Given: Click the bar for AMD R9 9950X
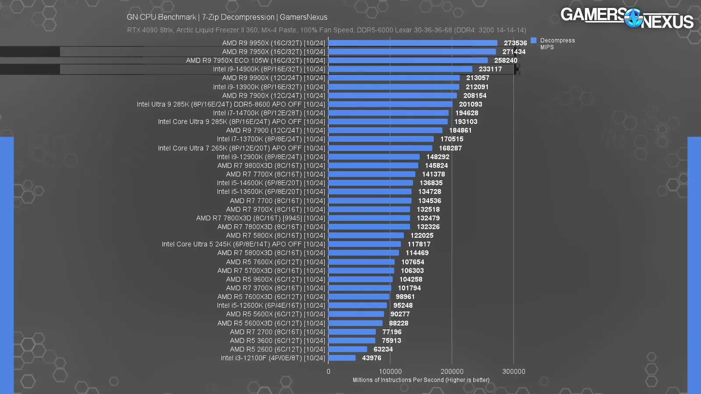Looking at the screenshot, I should point(413,43).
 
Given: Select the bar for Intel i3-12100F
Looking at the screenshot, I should point(342,358).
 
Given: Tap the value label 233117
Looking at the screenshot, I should point(490,69).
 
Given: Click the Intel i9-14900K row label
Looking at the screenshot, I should point(269,69).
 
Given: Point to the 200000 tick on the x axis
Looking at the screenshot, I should point(452,371).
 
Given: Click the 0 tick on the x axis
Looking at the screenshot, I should point(329,371).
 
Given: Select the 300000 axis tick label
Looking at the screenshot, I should point(513,371).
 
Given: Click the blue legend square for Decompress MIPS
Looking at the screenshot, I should point(534,40).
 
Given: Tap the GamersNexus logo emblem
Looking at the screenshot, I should point(633,18).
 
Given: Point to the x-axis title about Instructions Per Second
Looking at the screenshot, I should point(421,380).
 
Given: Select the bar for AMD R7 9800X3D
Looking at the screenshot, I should point(373,165).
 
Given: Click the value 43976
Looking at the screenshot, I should point(372,358).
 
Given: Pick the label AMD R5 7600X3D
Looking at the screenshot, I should point(271,297).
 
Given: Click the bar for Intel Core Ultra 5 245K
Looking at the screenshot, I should point(365,244).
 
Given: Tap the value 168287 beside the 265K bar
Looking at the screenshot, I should point(450,148).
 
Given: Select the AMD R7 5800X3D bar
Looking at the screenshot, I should point(364,253).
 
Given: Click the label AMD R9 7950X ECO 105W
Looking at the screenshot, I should point(255,60).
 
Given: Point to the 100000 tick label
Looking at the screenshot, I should point(390,371).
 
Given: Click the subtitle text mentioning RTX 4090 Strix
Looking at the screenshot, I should point(326,30).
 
